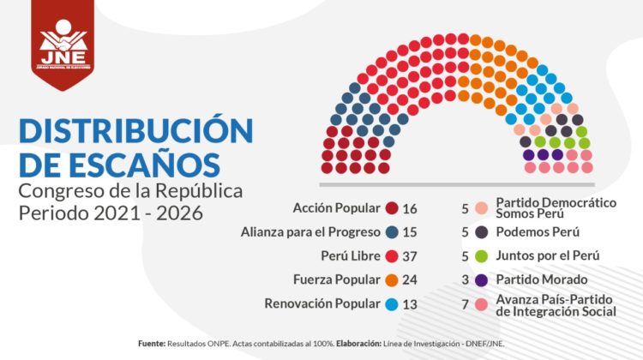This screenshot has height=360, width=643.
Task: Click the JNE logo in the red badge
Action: click(63, 47)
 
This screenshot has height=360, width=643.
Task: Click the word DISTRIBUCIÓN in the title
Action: click(135, 131)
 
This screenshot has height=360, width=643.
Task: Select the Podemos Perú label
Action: click(536, 232)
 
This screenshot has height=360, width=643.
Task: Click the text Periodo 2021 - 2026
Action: click(111, 212)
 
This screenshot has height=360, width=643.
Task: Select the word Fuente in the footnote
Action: click(151, 343)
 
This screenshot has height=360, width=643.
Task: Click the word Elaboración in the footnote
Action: click(358, 343)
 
